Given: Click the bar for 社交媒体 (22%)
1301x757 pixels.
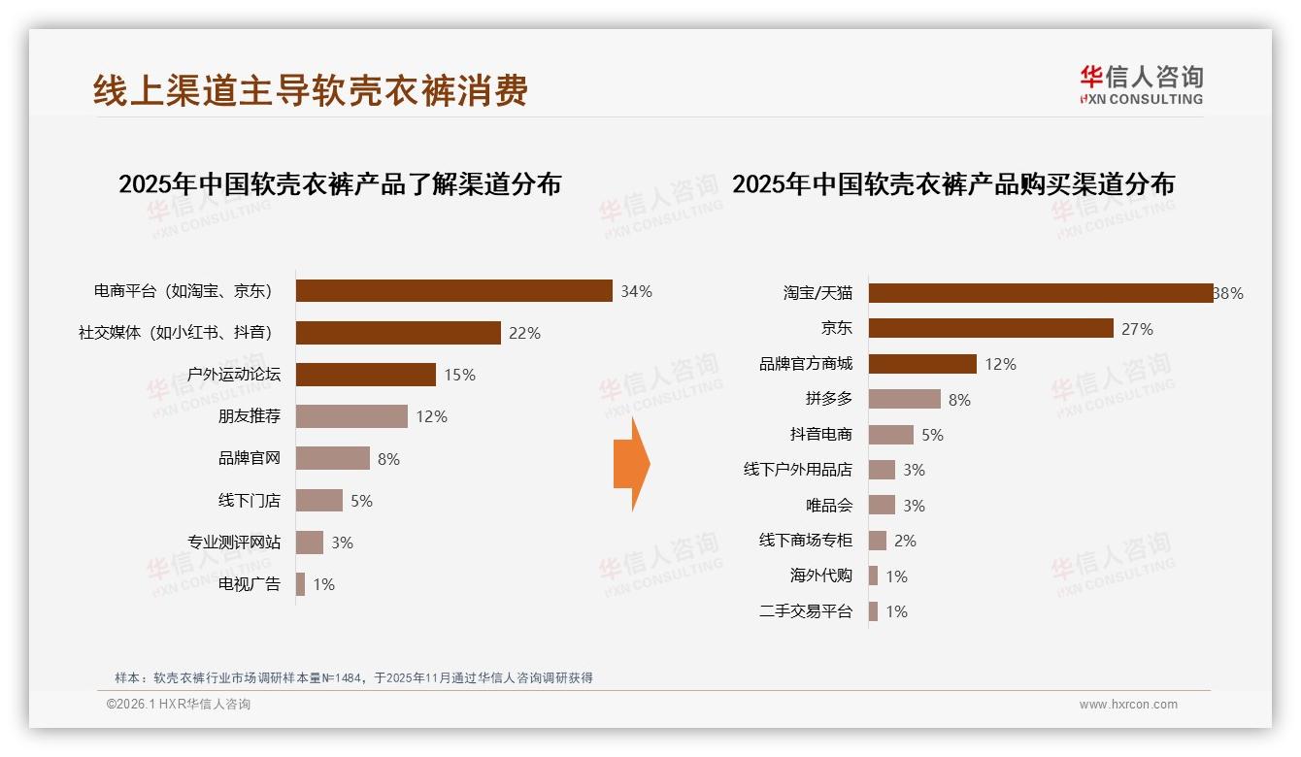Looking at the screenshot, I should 398,333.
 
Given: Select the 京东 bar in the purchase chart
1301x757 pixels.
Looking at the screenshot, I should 990,329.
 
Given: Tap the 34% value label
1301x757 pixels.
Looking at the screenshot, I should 637,291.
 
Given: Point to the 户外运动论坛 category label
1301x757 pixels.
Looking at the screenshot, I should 233,375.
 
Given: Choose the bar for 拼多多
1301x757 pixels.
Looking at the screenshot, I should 904,399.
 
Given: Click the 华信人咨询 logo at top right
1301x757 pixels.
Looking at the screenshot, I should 1141,85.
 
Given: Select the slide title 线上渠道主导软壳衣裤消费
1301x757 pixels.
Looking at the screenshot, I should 311,90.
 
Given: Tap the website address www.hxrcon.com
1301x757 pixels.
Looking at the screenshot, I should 1128,705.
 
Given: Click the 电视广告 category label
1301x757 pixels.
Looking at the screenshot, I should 249,584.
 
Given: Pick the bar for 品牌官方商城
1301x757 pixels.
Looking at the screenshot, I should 922,364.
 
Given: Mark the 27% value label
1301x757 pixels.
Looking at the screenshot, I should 1137,329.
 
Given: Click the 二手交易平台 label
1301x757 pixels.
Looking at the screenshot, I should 805,611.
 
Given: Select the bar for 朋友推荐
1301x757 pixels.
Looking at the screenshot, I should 351,416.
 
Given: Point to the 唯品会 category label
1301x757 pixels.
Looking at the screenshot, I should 828,506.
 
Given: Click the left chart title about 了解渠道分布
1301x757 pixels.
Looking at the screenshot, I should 340,184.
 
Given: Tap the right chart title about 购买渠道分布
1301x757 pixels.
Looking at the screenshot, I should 952,184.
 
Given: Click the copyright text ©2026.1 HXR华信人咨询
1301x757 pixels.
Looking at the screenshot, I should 179,705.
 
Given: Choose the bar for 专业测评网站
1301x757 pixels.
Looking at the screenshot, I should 310,543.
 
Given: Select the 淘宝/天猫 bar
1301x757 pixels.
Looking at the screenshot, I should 1040,293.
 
